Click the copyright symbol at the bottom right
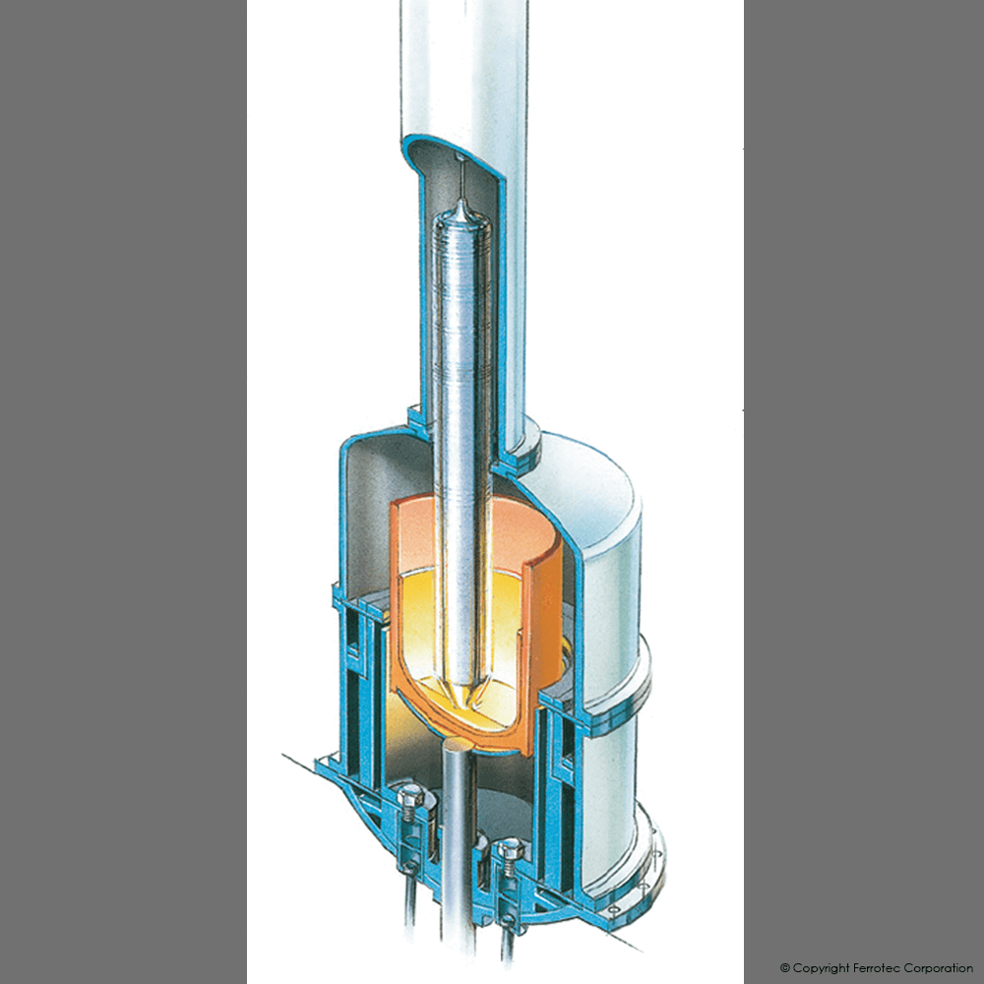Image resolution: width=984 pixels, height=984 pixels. [x=785, y=968]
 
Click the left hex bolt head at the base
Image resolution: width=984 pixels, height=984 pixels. [x=414, y=798]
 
